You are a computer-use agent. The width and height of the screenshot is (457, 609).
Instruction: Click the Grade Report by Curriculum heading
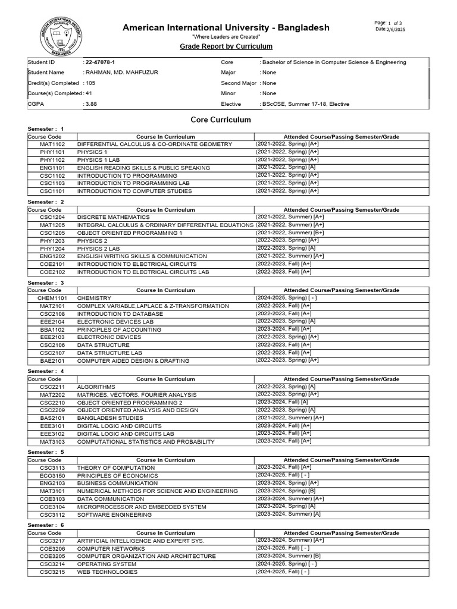coord(226,46)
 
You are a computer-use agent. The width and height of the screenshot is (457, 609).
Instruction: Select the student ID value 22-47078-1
coord(102,62)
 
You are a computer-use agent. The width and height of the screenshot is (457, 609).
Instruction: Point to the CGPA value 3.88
coord(91,104)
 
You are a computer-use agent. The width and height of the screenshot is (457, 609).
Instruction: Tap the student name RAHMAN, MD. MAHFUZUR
coord(121,73)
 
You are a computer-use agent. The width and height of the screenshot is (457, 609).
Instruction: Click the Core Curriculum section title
coord(220,120)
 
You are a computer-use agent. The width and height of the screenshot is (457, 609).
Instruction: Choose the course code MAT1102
coord(52,145)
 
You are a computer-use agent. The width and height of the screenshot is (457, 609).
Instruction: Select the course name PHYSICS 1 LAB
coord(101,160)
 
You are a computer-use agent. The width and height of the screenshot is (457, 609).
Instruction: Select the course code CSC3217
coord(52,541)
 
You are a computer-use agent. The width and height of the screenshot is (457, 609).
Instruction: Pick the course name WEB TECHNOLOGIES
coord(107,572)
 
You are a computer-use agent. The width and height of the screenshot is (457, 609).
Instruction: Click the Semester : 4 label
coord(46,371)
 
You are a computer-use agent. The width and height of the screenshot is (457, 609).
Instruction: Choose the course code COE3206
coord(52,548)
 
